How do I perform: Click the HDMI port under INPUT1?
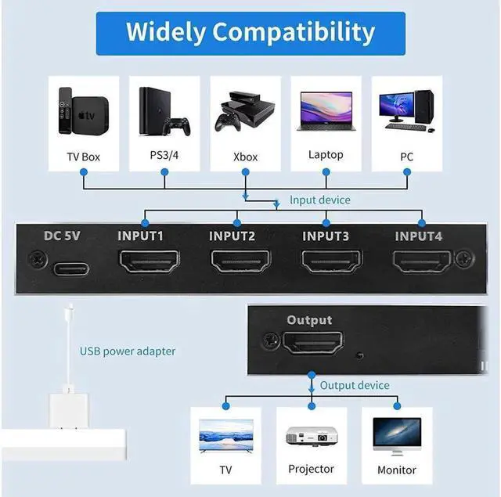146,261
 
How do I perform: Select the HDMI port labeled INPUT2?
239,261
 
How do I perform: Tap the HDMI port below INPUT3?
332,261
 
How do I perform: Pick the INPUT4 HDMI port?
424,261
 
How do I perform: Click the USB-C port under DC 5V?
70,269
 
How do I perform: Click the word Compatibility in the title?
294,32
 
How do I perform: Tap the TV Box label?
85,157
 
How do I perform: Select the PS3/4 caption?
165,155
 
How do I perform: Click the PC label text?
406,157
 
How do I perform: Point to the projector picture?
312,434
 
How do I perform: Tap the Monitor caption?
397,470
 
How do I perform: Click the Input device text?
320,200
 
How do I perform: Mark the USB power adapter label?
128,351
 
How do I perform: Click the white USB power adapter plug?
70,407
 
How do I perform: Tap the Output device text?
355,385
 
